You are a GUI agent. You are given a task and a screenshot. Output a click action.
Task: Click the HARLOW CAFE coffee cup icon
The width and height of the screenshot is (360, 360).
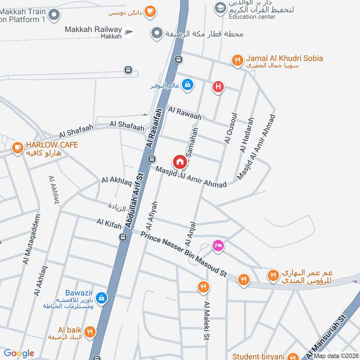click(x=18, y=148)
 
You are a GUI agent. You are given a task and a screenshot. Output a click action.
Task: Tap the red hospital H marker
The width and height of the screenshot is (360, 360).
click(x=218, y=87)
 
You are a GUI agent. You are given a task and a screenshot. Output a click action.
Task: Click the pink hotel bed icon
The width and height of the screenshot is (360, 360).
click(x=218, y=246)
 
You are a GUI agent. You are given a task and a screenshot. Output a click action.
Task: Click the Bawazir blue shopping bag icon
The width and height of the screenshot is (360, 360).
click(x=102, y=297)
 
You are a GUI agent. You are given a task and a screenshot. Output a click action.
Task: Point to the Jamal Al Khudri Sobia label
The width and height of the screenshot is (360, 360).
click(x=284, y=58)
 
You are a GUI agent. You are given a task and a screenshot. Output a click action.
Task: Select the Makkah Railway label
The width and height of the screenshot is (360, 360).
click(x=93, y=30)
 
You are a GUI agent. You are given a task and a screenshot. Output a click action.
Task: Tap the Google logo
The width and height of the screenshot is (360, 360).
click(x=19, y=353)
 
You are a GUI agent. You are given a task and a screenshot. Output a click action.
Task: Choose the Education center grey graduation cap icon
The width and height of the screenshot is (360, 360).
click(x=220, y=8)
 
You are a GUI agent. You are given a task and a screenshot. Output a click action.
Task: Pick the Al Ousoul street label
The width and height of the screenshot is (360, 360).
click(x=229, y=127)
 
